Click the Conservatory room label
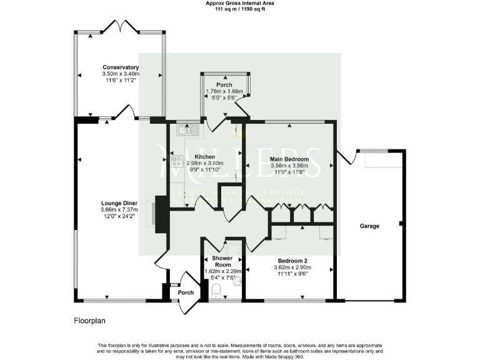[x=121, y=67]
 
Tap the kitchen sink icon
[x=187, y=131]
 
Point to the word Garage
[x=371, y=226]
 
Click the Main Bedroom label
[x=289, y=159]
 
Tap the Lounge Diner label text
[x=120, y=203]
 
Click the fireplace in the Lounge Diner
[x=159, y=214]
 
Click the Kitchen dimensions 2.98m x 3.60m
[x=204, y=163]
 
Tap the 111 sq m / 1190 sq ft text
[x=240, y=10]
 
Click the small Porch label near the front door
[x=186, y=292]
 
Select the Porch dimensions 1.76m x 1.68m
[x=224, y=91]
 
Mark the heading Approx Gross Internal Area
[x=240, y=4]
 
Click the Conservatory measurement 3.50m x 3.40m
[x=121, y=74]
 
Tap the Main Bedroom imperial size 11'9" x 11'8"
[x=289, y=172]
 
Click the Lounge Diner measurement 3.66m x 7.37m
[x=120, y=210]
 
